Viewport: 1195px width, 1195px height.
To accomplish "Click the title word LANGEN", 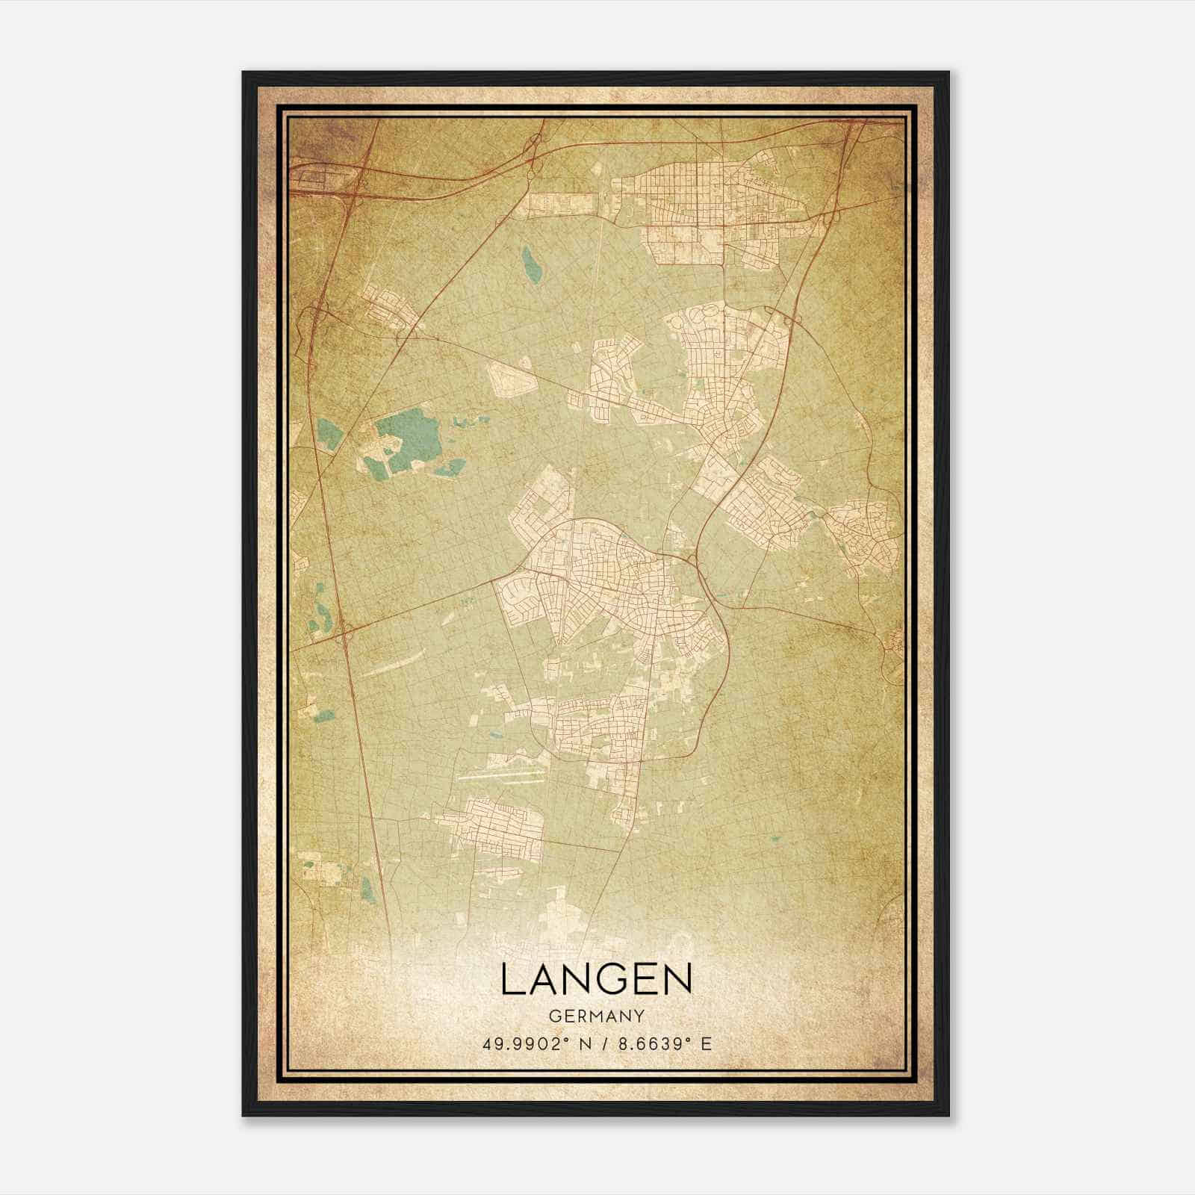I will pos(596,979).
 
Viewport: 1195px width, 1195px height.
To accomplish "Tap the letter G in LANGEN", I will pos(608,979).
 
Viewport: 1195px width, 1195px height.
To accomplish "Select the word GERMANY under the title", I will pos(596,1016).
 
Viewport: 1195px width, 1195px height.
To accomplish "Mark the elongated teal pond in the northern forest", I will pos(532,265).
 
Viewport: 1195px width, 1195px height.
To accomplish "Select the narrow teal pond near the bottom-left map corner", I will pos(366,887).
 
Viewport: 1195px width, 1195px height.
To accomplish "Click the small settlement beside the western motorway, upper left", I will pos(388,308).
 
